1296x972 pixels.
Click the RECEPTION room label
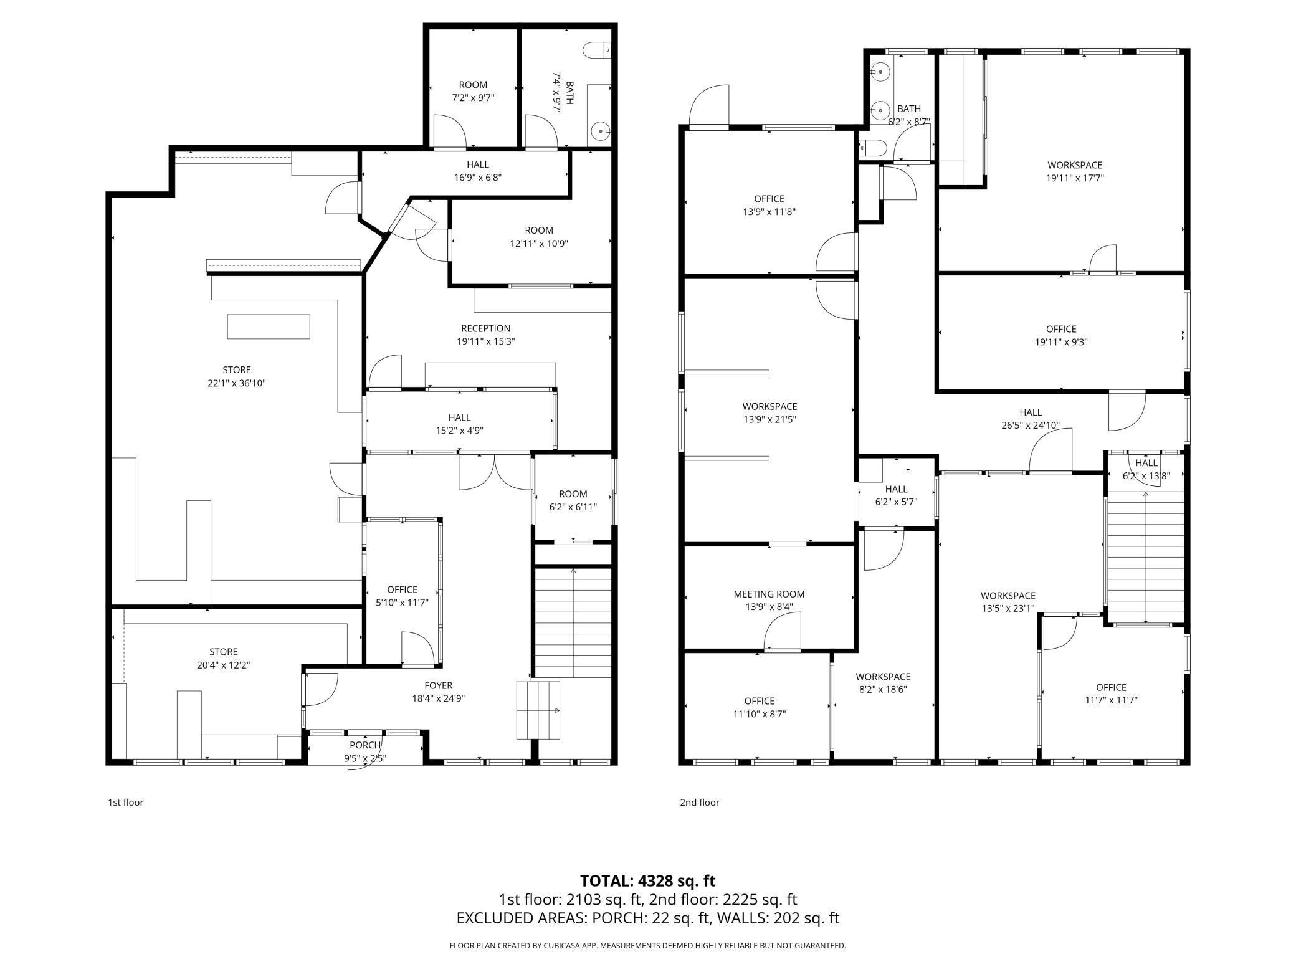click(485, 328)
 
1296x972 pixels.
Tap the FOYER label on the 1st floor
click(438, 685)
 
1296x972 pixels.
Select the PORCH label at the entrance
click(365, 745)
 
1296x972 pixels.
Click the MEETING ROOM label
click(769, 594)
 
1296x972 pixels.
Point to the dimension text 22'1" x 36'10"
click(237, 383)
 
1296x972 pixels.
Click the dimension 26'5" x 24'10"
click(1031, 426)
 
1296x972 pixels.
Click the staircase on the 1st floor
click(573, 622)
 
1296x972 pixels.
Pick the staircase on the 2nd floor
click(1145, 557)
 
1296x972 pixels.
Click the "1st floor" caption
click(125, 803)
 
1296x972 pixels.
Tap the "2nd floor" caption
click(699, 803)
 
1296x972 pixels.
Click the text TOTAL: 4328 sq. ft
click(647, 881)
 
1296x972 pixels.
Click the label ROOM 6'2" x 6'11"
click(573, 500)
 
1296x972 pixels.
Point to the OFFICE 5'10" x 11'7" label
click(402, 596)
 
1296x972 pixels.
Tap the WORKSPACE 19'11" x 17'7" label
click(1075, 171)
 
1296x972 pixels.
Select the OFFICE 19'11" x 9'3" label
click(1061, 335)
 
